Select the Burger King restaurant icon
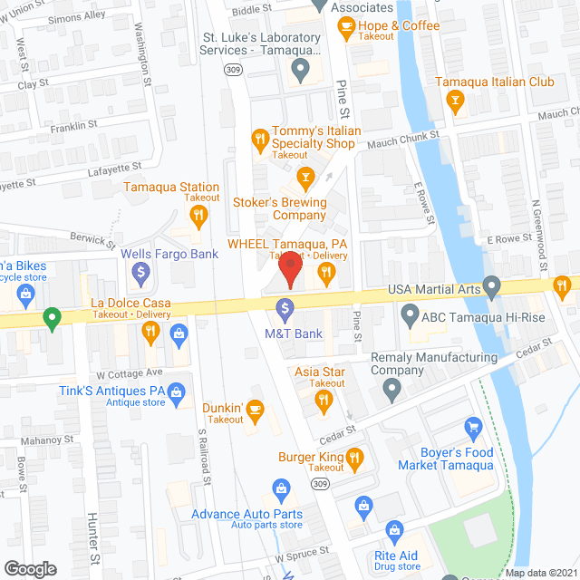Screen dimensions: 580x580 [x=354, y=457]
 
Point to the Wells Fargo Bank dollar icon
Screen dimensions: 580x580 [x=140, y=271]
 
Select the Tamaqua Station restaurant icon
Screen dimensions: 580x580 [x=198, y=215]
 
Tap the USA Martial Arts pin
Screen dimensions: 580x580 [x=492, y=288]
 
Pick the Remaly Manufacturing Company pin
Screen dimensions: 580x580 [x=391, y=391]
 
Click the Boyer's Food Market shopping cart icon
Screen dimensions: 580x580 [x=471, y=426]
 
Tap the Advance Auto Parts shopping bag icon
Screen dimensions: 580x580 [x=281, y=490]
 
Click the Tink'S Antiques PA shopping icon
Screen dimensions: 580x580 [x=177, y=391]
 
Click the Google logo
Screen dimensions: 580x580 [x=30, y=568]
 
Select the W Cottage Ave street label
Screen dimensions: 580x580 [x=129, y=372]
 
